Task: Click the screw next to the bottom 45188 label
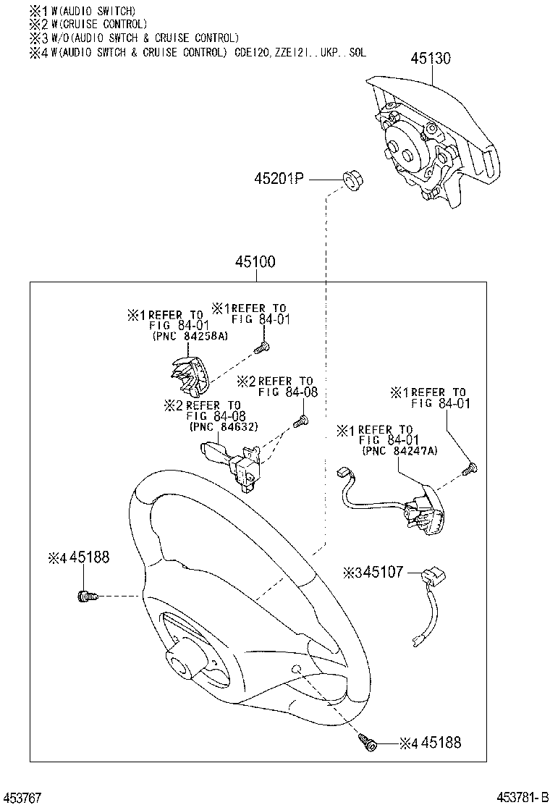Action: pos(368,741)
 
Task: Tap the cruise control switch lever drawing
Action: pos(234,461)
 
